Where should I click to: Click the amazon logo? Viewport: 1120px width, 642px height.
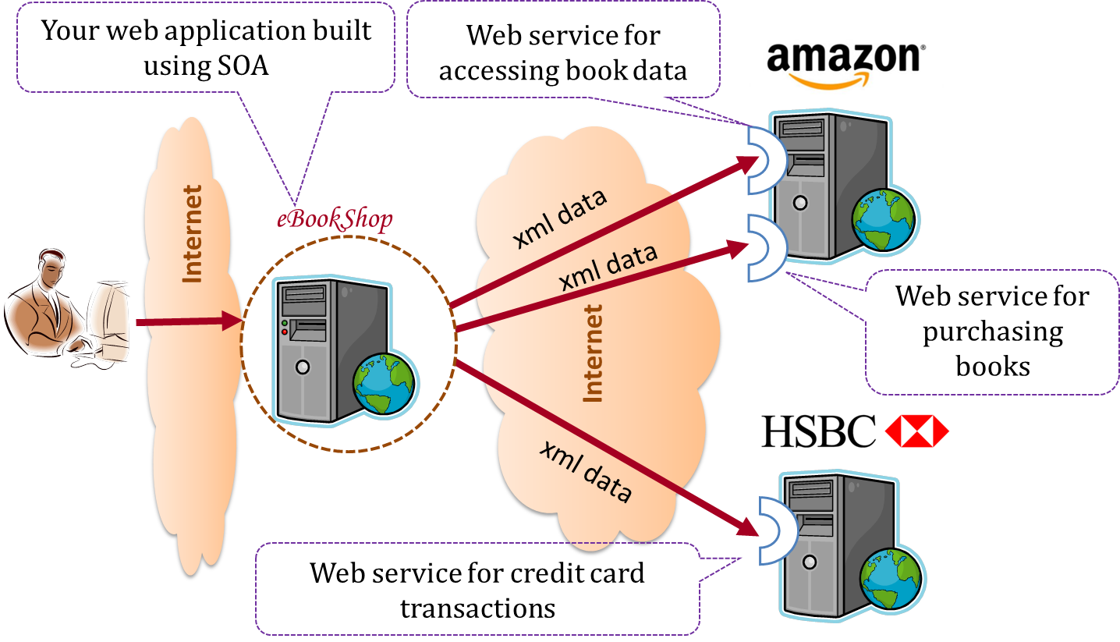[845, 66]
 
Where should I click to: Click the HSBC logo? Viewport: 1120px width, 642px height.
[856, 431]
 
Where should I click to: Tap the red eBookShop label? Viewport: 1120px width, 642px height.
[335, 219]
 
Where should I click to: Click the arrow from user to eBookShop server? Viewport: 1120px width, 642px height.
[187, 321]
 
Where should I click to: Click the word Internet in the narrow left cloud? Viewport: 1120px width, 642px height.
[192, 233]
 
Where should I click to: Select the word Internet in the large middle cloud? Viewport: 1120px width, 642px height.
[594, 353]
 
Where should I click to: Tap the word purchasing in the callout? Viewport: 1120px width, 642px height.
[992, 332]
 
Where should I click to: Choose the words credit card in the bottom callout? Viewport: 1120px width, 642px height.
[577, 573]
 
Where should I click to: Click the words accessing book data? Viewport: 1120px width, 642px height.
[562, 72]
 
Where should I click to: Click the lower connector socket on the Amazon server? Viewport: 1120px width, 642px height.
[761, 248]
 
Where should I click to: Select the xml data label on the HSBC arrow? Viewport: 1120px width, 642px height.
[586, 471]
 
